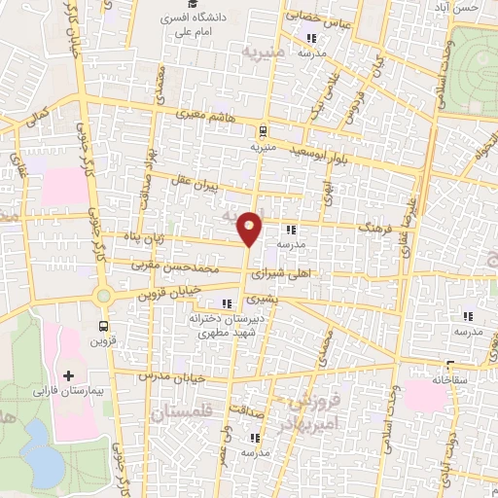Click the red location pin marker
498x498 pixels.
click(x=250, y=228)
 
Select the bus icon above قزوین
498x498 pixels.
click(x=104, y=326)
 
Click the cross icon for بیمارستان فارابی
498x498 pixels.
click(x=68, y=374)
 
